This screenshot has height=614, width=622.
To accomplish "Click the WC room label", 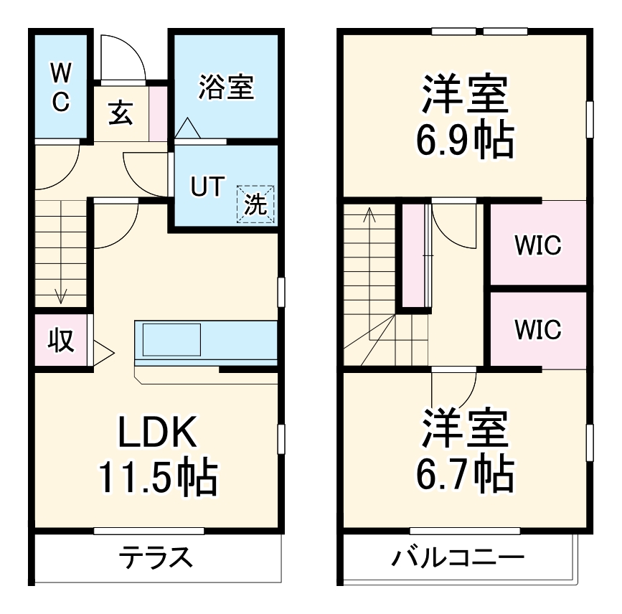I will pyautogui.click(x=60, y=86).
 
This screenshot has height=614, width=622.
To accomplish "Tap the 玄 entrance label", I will pyautogui.click(x=121, y=113).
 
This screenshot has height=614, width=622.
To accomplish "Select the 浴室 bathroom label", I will pyautogui.click(x=225, y=88).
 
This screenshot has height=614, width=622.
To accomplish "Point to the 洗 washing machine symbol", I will pyautogui.click(x=256, y=204).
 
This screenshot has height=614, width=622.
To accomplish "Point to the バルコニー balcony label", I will pyautogui.click(x=458, y=557).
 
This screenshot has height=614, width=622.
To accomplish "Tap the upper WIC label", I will pyautogui.click(x=537, y=246).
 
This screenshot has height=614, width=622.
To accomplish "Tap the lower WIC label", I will pyautogui.click(x=537, y=330).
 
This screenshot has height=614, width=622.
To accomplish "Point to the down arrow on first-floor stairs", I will pyautogui.click(x=61, y=293).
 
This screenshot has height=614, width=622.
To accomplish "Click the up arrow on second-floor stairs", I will pyautogui.click(x=369, y=215).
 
